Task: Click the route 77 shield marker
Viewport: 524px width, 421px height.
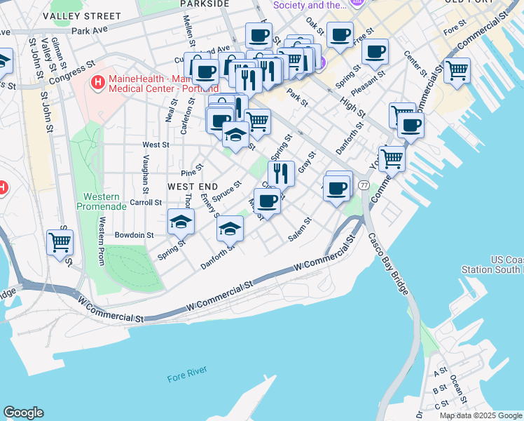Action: click(364, 185)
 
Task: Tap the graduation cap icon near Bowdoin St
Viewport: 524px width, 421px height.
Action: click(181, 222)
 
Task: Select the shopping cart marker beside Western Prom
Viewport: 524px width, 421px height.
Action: click(60, 242)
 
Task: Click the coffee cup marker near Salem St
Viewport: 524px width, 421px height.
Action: click(266, 201)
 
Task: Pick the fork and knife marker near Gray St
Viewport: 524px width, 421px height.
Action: click(281, 173)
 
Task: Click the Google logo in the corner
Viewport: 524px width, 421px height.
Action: click(23, 413)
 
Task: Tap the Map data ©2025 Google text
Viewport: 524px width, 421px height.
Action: click(481, 415)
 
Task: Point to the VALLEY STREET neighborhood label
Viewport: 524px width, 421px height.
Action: click(81, 15)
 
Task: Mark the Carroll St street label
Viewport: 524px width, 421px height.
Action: click(146, 202)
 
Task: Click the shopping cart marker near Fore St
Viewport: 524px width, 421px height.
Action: click(457, 69)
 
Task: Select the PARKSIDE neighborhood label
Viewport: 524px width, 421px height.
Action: click(205, 4)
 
